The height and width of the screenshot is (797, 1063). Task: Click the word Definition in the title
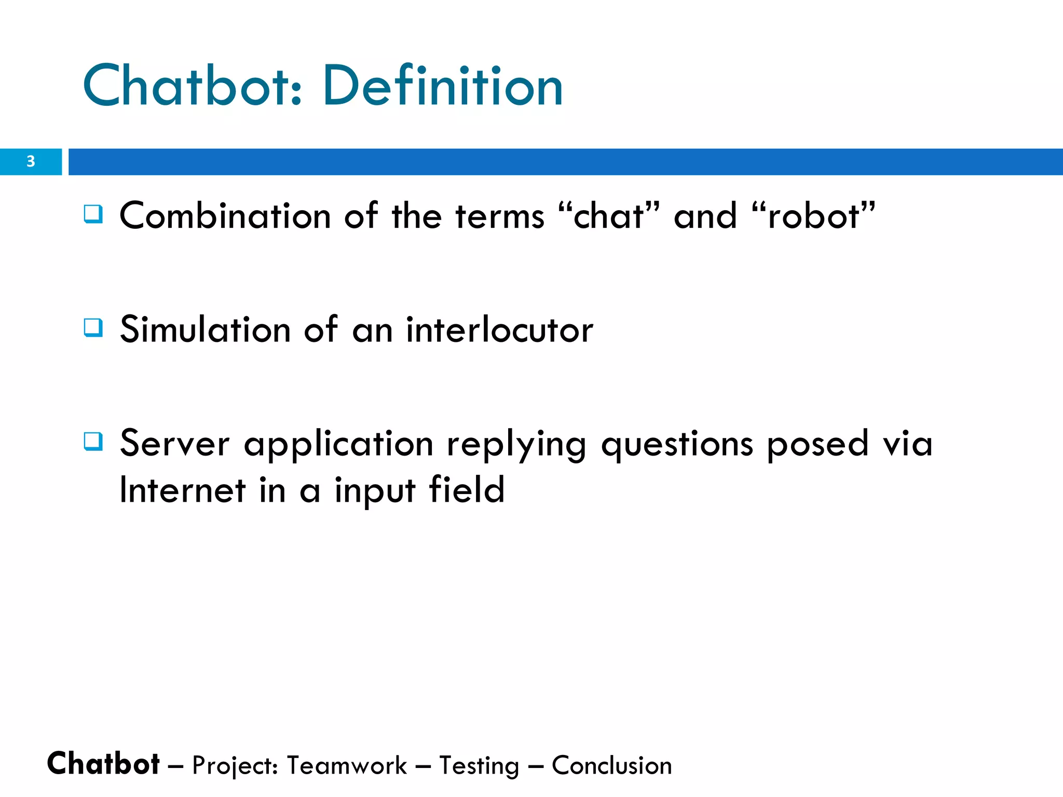[442, 86]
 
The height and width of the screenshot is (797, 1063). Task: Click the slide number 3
[31, 161]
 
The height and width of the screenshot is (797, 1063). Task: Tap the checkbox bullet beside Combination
[93, 214]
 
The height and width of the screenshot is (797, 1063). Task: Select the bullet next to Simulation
[93, 328]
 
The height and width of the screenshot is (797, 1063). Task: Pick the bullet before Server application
[93, 442]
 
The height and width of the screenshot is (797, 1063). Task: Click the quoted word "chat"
[609, 216]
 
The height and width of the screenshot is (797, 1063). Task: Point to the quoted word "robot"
[813, 216]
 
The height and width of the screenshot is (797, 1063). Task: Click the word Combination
[225, 216]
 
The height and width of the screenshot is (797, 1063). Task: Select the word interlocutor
[499, 330]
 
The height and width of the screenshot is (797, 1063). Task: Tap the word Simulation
[205, 330]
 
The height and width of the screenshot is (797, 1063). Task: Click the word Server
[174, 444]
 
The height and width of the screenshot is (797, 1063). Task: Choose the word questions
[677, 445]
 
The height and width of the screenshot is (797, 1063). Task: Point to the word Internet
[182, 490]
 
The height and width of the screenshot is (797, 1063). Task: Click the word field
[467, 490]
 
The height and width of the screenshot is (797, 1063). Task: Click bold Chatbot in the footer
[103, 764]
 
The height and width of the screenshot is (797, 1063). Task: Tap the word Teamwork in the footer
[347, 766]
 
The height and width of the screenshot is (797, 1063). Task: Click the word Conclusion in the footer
[611, 766]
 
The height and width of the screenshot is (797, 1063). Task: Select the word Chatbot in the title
[192, 86]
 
